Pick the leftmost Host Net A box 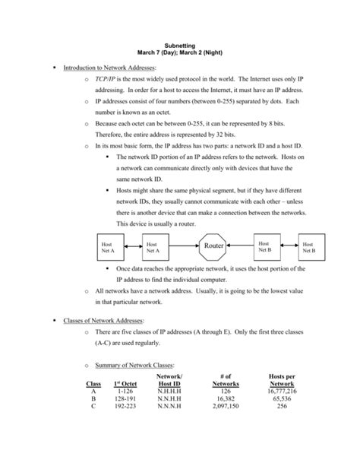108,246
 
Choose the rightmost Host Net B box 309,246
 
